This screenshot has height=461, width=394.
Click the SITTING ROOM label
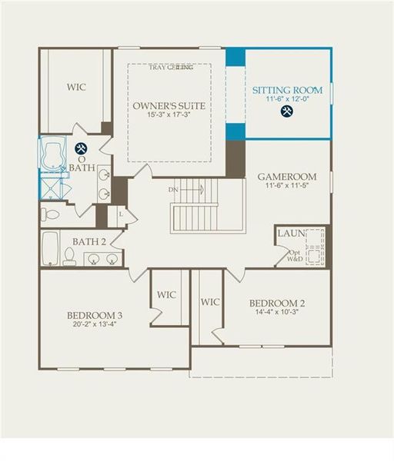288,91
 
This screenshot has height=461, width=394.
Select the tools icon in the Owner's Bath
81,150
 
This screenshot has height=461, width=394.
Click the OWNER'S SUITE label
169,105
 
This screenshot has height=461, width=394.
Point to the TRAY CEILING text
170,68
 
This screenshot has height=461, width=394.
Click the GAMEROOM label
287,176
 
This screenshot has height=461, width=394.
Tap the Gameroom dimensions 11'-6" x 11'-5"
287,185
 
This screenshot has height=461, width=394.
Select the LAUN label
291,233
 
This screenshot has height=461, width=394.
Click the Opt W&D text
294,257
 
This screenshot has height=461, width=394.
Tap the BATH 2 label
89,242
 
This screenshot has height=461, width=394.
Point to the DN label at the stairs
173,188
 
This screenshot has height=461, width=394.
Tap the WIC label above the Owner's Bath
75,87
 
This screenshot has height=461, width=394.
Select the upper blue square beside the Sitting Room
235,58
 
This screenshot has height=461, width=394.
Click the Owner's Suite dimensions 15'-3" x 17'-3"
169,115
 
